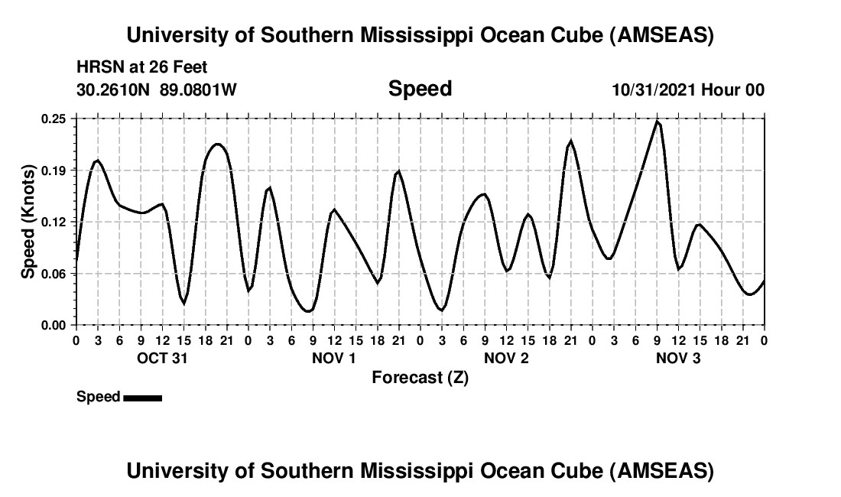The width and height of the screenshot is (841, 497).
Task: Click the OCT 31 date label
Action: click(x=161, y=358)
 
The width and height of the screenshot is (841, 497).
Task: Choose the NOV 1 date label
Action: click(x=333, y=358)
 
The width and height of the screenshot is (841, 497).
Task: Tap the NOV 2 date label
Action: click(x=506, y=358)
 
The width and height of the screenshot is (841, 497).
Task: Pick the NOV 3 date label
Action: click(x=678, y=358)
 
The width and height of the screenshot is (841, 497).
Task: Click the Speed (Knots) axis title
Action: click(x=28, y=222)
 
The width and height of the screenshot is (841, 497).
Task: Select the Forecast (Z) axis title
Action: click(x=420, y=378)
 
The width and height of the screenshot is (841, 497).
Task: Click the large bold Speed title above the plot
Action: click(x=420, y=89)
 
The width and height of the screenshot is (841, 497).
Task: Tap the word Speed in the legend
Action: click(x=99, y=397)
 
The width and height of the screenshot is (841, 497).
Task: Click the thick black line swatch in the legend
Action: click(x=142, y=398)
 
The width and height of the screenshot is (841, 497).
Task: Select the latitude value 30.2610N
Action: click(x=114, y=90)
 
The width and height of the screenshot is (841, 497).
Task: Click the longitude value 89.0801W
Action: click(x=198, y=90)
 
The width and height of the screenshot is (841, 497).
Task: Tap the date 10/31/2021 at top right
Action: click(x=654, y=90)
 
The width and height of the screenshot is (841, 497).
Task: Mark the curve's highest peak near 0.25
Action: click(x=657, y=122)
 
